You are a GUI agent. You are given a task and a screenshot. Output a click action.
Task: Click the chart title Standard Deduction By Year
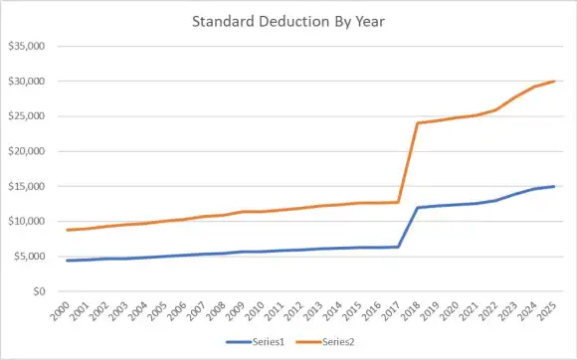(x=288, y=20)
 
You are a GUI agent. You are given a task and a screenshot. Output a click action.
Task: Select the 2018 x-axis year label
(x=416, y=310)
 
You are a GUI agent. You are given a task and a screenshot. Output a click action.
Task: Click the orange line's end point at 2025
(x=554, y=82)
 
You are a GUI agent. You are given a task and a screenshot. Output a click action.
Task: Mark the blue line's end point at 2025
(x=554, y=186)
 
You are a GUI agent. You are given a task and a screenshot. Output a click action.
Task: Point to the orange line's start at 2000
(x=68, y=230)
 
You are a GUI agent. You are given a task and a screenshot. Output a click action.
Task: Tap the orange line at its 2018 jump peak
(x=418, y=123)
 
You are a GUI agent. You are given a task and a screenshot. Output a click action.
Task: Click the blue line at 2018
(x=418, y=208)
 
